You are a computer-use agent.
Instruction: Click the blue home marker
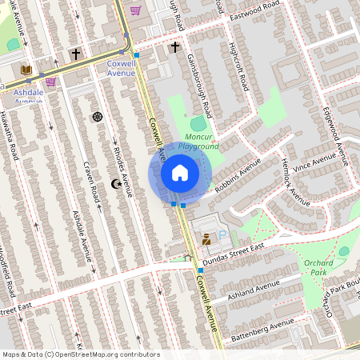(x=180, y=173)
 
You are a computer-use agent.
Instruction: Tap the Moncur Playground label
(x=198, y=142)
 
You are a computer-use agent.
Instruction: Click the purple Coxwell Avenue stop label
(x=121, y=69)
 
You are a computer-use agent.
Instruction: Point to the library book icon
(x=26, y=70)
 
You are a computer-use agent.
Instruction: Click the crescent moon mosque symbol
(x=116, y=185)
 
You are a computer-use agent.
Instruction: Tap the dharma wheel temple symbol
(x=98, y=117)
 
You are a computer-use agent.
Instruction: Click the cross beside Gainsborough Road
(x=175, y=47)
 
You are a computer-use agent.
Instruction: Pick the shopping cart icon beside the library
(x=50, y=81)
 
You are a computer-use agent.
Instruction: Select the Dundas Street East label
(x=234, y=252)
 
